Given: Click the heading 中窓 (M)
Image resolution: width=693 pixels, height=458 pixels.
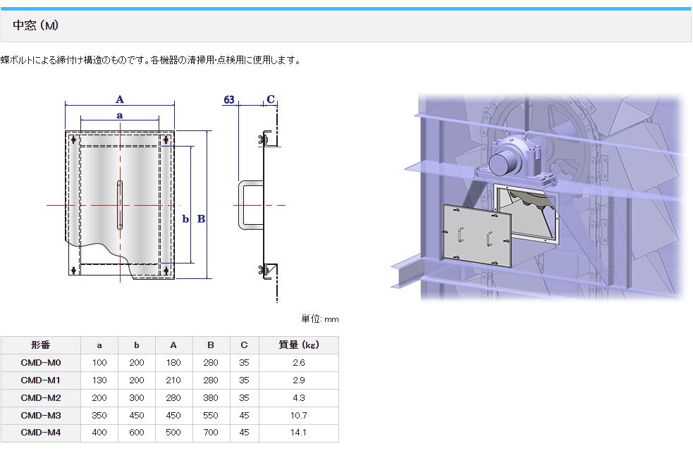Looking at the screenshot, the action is coord(35,25).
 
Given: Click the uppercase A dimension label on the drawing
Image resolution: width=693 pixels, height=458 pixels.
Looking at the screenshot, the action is coord(120,99).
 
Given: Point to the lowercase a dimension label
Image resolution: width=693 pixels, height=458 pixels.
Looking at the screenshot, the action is coord(120,116).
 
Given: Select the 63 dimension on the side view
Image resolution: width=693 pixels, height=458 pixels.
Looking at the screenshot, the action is coord(229,99).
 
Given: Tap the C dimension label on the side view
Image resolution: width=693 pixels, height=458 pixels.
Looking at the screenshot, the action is coord(271,99).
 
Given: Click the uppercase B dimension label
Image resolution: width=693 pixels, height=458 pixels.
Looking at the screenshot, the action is coord(201,218).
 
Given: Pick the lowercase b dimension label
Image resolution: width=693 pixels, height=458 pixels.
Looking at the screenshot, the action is coord(185,218).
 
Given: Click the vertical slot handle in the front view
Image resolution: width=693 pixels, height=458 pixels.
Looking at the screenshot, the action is coord(120,205).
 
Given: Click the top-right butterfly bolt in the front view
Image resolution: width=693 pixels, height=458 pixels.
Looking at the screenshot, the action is coord(166,140).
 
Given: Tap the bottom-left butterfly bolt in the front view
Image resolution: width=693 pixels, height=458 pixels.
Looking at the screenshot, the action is coord(74,269).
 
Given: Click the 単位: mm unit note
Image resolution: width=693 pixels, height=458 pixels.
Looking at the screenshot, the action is coord(320,319).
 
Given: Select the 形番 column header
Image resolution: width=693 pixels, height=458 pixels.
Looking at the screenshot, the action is coord(41,345).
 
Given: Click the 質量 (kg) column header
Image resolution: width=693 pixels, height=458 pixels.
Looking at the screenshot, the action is coord(299,345).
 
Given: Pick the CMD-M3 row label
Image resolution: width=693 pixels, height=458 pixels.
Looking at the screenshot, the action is coord(41,415).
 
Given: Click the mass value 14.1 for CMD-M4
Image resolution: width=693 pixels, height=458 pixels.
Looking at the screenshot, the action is coord(299,433).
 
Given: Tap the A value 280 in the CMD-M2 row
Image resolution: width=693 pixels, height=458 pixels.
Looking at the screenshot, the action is coord(173,397).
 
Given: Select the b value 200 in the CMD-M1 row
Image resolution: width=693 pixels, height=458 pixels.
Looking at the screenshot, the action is coord(137,380).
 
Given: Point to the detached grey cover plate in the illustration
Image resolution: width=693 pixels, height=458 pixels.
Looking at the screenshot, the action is coord(477,236).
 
